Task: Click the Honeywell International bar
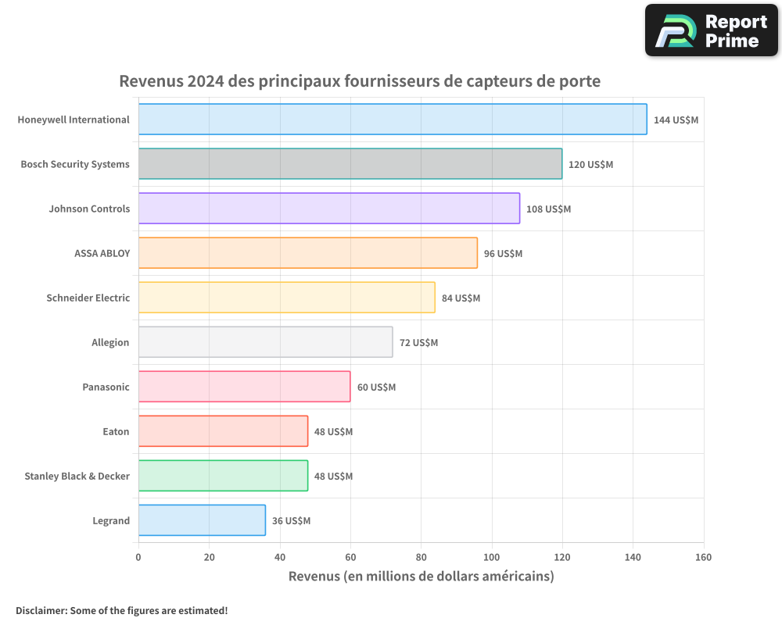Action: click(393, 120)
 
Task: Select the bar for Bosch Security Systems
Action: click(350, 164)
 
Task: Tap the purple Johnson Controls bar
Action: click(329, 209)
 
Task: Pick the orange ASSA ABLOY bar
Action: click(308, 253)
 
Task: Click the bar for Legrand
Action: click(202, 520)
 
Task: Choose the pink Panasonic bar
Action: click(244, 387)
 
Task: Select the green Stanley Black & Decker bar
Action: click(223, 476)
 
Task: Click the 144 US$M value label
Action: click(676, 120)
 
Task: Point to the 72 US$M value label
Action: click(418, 343)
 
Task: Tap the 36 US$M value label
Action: click(291, 521)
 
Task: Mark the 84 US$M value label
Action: click(461, 298)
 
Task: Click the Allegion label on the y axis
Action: click(110, 342)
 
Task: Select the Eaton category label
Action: click(116, 431)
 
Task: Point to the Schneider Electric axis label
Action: click(88, 298)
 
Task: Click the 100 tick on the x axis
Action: click(492, 557)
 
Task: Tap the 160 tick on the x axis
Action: click(703, 557)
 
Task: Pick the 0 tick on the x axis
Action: click(138, 557)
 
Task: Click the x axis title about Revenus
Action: click(421, 577)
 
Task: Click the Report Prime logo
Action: click(712, 30)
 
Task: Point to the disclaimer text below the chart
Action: click(121, 610)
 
